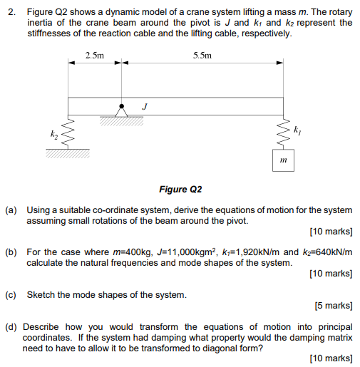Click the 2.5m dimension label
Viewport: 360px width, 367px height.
click(x=94, y=55)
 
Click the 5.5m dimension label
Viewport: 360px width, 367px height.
click(x=202, y=55)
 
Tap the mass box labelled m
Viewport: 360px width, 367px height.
click(x=284, y=162)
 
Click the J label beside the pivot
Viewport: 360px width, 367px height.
click(x=145, y=106)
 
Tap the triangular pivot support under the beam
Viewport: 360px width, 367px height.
click(x=123, y=110)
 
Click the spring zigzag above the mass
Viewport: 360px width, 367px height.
click(x=284, y=133)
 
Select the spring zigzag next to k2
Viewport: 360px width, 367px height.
click(x=68, y=134)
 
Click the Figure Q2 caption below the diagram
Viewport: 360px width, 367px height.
click(x=181, y=190)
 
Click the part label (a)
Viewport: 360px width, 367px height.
click(x=11, y=211)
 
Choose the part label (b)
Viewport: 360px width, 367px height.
click(x=11, y=252)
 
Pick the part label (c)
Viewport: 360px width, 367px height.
click(x=11, y=294)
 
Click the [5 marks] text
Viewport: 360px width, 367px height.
click(x=333, y=306)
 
